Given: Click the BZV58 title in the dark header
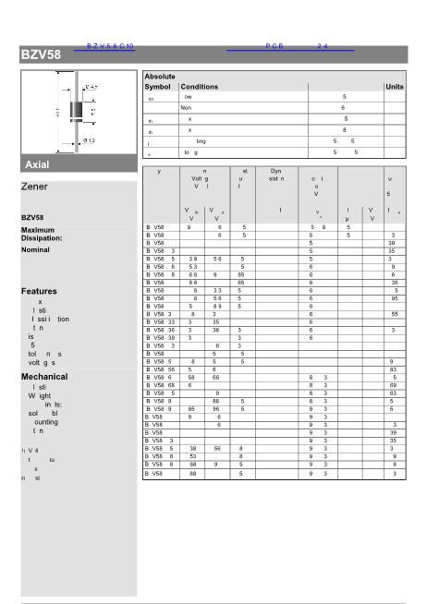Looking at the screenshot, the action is click(x=41, y=54).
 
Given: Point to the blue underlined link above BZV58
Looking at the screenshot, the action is click(x=110, y=45).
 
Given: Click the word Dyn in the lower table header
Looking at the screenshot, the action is click(x=275, y=171).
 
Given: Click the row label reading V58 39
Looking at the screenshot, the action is click(x=162, y=338).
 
